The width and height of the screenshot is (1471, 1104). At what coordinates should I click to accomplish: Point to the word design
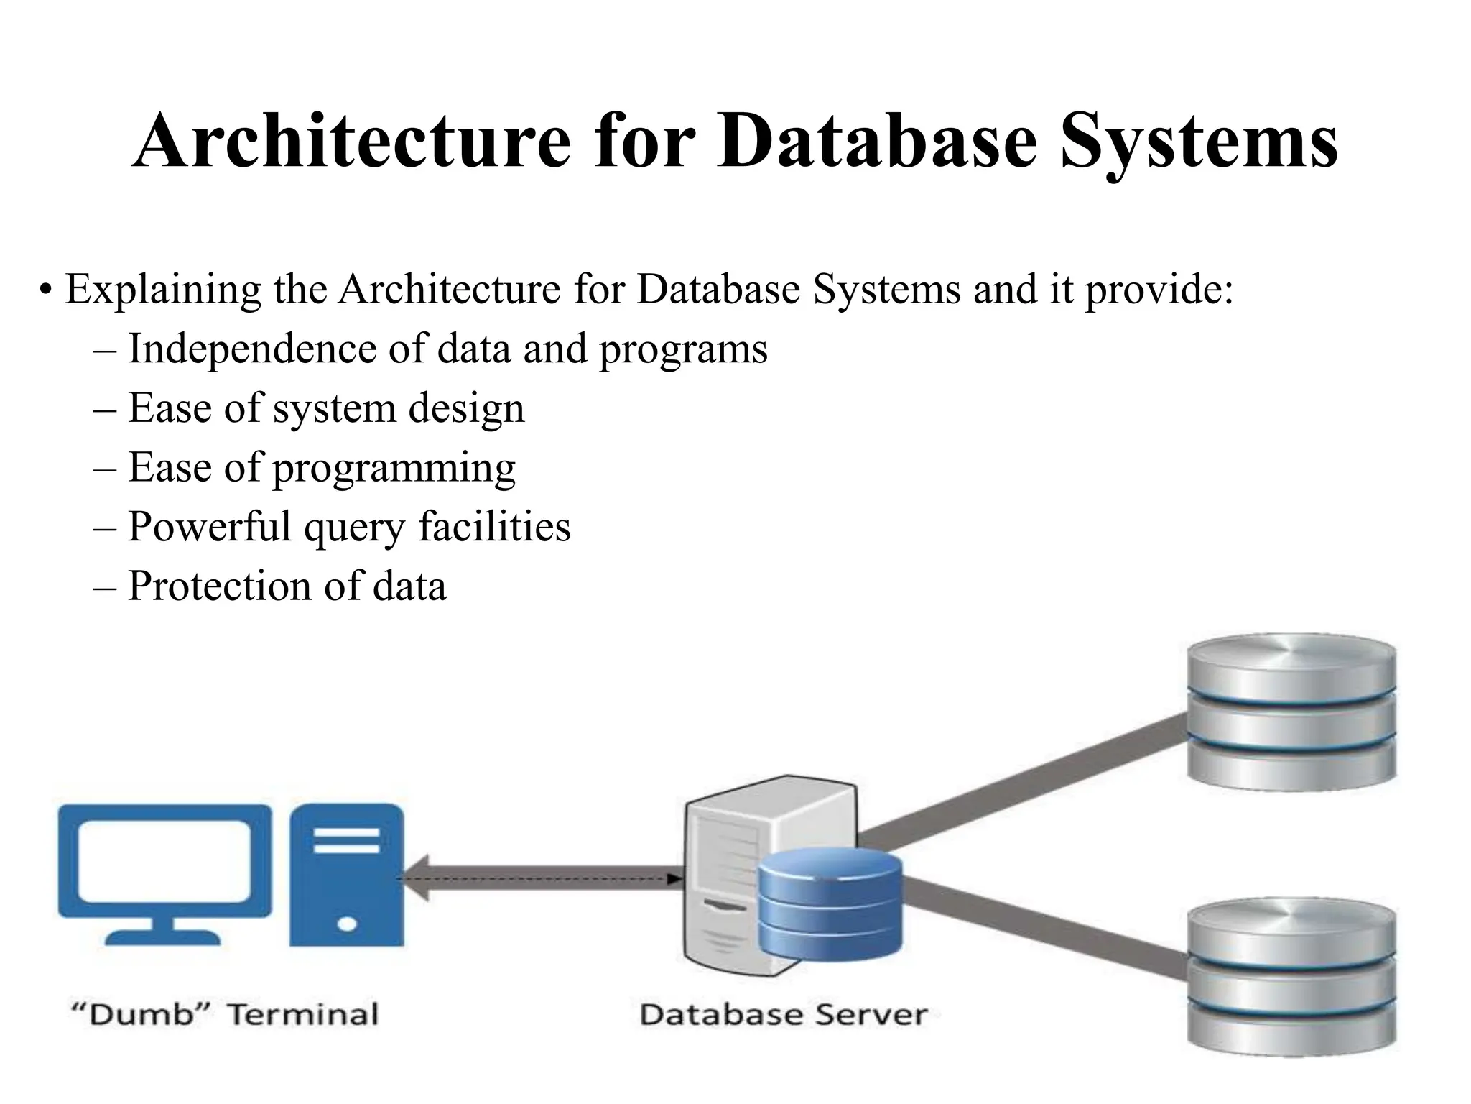[x=466, y=409]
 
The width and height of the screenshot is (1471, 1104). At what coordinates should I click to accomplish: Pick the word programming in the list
[x=394, y=469]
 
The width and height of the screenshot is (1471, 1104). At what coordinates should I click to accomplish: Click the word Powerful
[x=209, y=527]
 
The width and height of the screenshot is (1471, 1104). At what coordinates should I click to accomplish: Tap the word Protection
[x=219, y=586]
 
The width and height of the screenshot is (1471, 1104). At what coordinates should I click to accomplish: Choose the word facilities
[x=495, y=527]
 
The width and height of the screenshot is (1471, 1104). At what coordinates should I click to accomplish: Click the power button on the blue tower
[x=347, y=923]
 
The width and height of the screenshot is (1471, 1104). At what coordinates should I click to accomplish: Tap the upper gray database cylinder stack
[x=1291, y=711]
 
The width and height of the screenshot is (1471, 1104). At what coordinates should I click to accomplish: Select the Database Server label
[x=784, y=1014]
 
